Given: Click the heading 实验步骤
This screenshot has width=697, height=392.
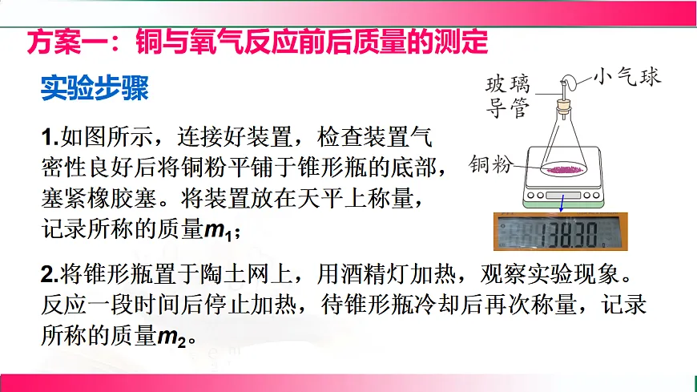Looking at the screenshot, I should click(x=95, y=88).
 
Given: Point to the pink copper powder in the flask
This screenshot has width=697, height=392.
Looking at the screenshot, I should click(x=566, y=169).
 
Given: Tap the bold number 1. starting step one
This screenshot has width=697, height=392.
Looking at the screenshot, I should click(x=50, y=136).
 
